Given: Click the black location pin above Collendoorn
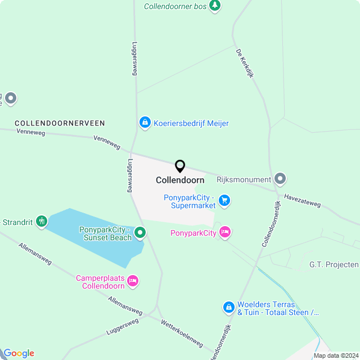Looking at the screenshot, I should [x=180, y=166].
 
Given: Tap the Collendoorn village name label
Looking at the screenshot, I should [x=180, y=181].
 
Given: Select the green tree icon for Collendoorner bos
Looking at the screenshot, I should [x=214, y=6].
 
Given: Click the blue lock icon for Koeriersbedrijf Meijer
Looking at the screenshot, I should [x=145, y=123].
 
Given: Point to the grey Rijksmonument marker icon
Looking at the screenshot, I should [x=281, y=179].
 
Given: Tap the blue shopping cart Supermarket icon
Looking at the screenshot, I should [x=224, y=201].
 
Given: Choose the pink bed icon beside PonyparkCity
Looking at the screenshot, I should [x=225, y=232].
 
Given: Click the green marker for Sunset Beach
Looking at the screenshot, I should [x=140, y=232].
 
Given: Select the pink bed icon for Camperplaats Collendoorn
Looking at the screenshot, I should [x=133, y=280].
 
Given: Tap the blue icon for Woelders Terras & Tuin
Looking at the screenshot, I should [x=228, y=307].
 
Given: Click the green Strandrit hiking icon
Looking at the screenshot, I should [x=42, y=222].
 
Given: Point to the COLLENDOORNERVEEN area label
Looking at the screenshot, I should [x=60, y=123].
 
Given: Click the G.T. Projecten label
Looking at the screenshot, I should [x=334, y=264].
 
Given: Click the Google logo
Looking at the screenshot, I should [x=19, y=353].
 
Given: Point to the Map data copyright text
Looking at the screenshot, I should [x=336, y=355].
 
